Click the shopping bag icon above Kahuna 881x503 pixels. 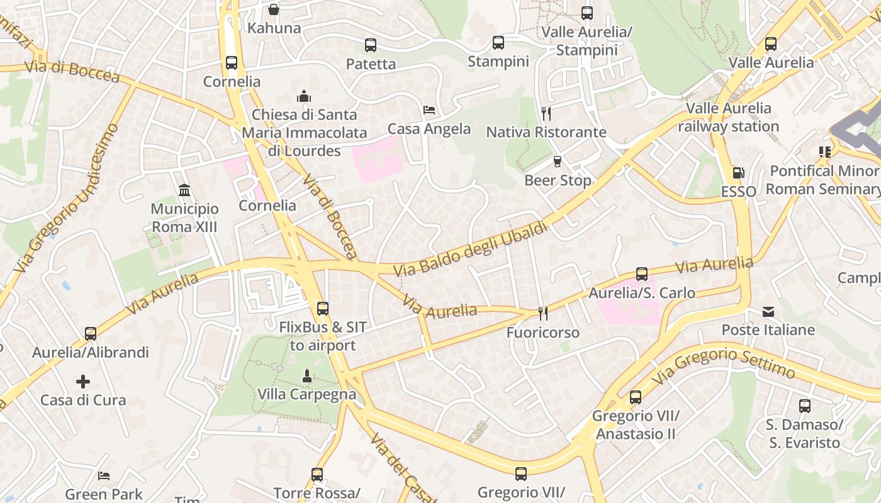point(274,9)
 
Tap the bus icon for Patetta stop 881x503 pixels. point(371,45)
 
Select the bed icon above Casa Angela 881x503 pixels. point(429,110)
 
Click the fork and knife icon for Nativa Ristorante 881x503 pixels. point(546,113)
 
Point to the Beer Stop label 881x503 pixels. point(558,180)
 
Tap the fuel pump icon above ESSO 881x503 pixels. point(738,173)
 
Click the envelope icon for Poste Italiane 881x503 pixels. point(768,312)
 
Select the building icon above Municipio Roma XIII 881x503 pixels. point(184,190)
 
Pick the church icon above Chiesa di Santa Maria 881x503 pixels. point(304,96)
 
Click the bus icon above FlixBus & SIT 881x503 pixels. point(323,309)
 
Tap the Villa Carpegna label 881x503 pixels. point(306,395)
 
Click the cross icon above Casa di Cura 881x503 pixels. point(83,382)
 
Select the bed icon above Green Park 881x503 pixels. point(104,476)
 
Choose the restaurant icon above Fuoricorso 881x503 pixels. point(542,313)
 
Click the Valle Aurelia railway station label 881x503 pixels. point(728,118)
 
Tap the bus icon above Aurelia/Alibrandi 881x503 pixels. point(91,334)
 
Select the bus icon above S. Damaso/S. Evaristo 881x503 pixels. point(804,406)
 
